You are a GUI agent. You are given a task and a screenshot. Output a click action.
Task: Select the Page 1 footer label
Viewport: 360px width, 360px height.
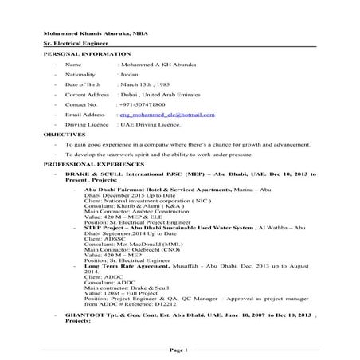tap(179, 350)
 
